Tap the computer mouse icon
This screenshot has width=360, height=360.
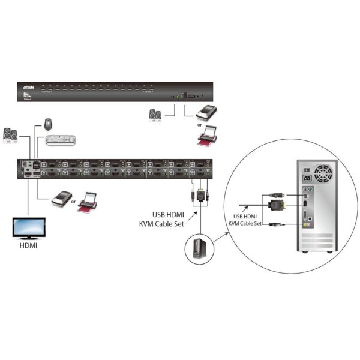48,125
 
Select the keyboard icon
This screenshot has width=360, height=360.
62,140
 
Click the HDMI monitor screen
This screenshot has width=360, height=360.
27,227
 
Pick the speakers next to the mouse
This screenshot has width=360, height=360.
11,135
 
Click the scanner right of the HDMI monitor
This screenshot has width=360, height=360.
60,197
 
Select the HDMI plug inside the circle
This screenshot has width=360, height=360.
277,205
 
